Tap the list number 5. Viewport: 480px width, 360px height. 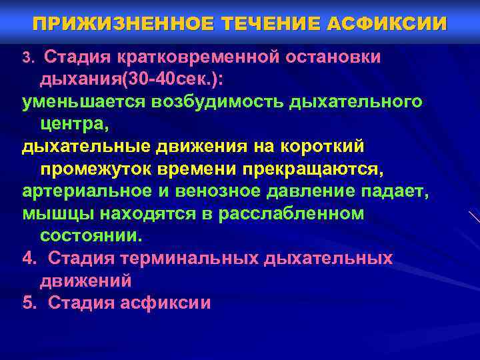point(27,303)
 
